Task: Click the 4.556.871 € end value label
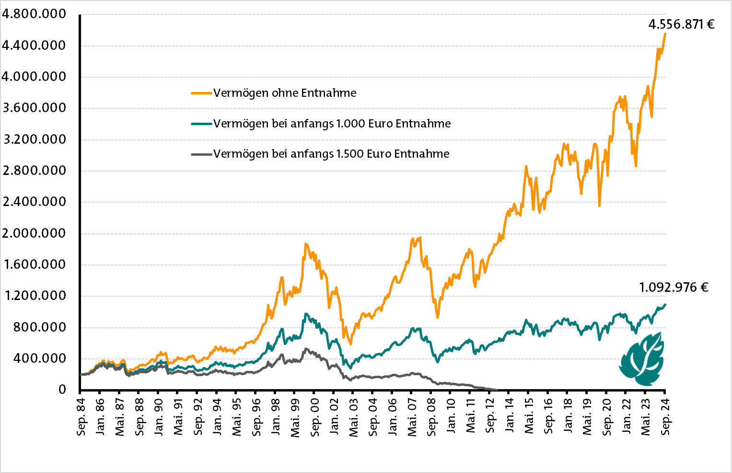click(x=681, y=24)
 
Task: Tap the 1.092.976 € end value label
click(x=674, y=288)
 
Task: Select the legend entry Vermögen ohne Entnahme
click(x=285, y=93)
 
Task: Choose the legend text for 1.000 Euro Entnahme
click(x=332, y=124)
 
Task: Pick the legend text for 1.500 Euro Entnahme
click(x=331, y=154)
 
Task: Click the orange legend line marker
click(x=201, y=93)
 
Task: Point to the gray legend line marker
click(x=201, y=154)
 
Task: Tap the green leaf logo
click(x=641, y=358)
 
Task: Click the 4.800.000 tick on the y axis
click(x=34, y=14)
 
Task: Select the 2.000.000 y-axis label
click(x=34, y=233)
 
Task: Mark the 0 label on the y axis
click(x=62, y=390)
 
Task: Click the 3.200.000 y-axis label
click(x=34, y=139)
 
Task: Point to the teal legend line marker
click(x=201, y=124)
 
